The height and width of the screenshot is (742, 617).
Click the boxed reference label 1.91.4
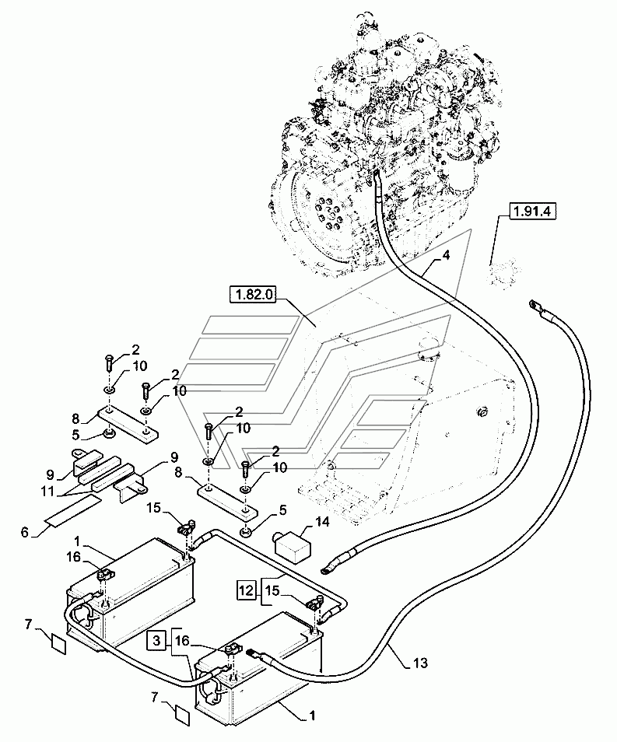(x=533, y=211)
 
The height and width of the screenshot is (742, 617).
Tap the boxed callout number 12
(x=246, y=590)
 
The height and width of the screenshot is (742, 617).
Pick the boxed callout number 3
(x=156, y=641)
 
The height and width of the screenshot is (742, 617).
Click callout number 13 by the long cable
(x=420, y=663)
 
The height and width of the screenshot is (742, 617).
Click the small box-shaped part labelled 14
(x=294, y=546)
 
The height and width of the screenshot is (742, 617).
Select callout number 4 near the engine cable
(x=445, y=255)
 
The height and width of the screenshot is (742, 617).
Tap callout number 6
(x=25, y=532)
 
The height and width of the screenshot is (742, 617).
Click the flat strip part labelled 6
(x=73, y=509)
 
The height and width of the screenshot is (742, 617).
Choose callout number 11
(x=47, y=492)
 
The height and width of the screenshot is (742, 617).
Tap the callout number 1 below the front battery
(x=311, y=715)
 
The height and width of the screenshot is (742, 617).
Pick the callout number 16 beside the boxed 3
(x=182, y=641)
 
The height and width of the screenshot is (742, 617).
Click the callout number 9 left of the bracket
(x=51, y=474)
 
